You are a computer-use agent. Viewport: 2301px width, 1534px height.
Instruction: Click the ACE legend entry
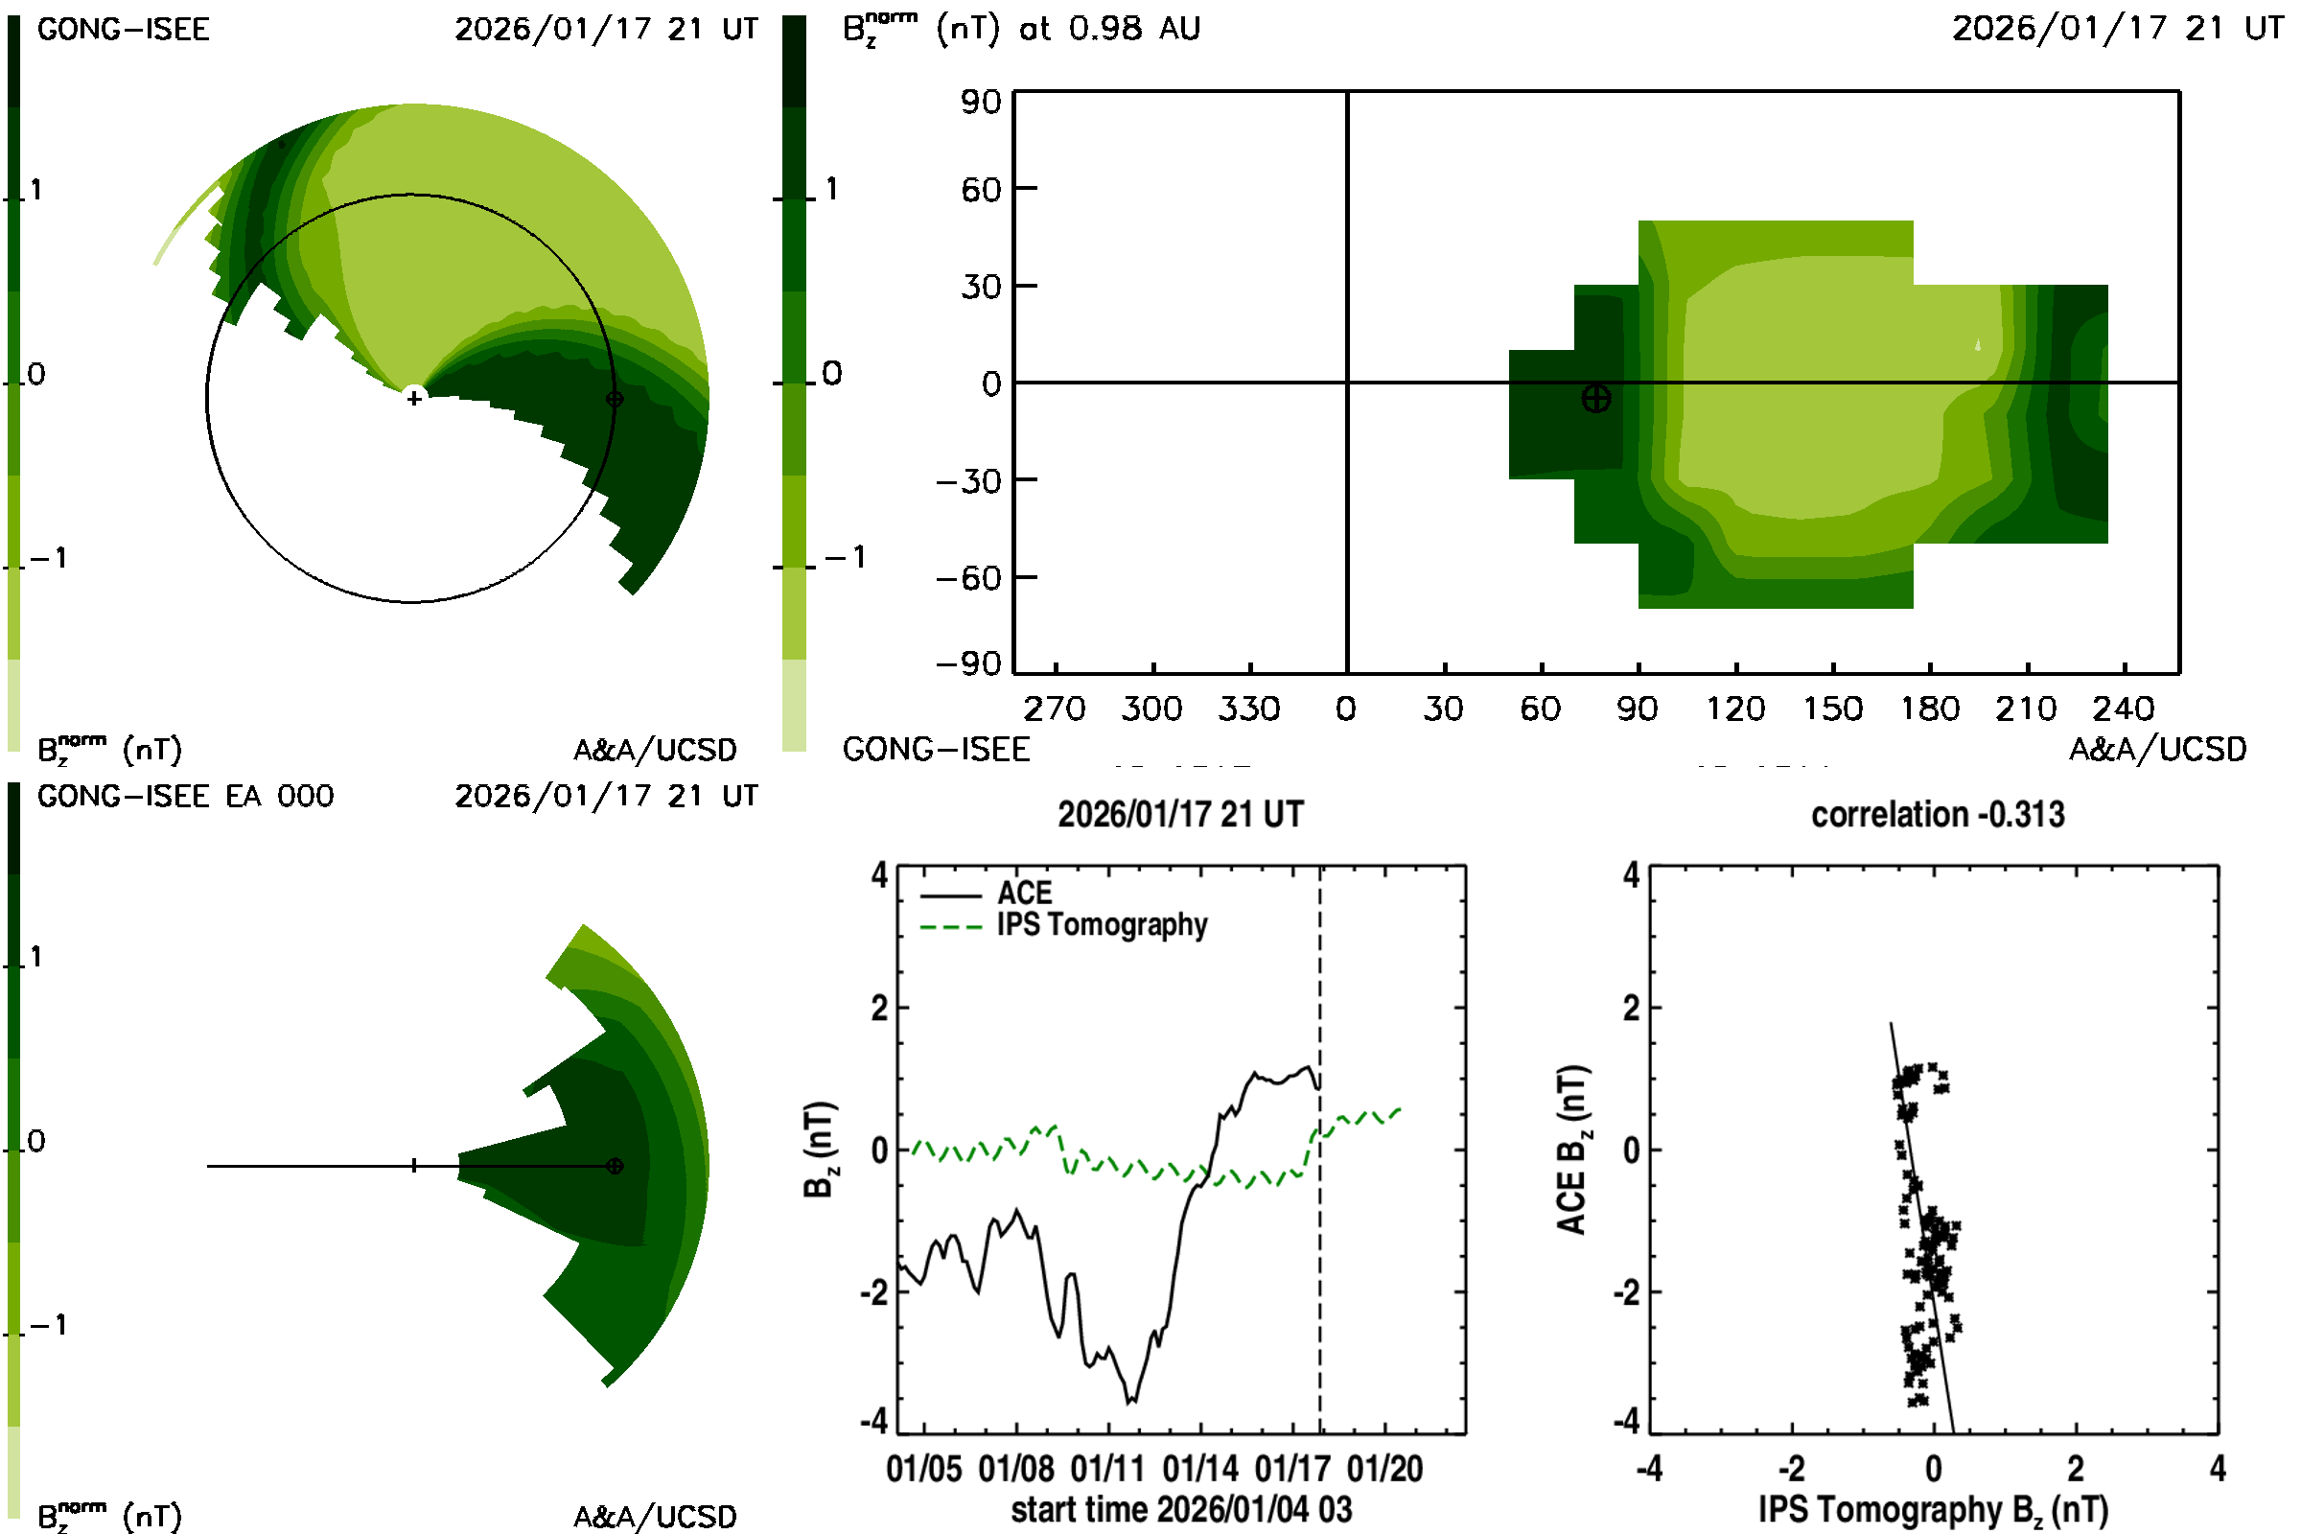pos(1024,894)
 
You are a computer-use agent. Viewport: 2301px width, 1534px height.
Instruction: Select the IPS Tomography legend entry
pos(1102,925)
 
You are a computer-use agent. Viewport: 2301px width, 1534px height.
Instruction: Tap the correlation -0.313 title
pos(1937,815)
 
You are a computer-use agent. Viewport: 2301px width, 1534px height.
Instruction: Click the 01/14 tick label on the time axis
pos(1199,1470)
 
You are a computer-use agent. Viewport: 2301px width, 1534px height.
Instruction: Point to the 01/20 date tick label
pos(1384,1470)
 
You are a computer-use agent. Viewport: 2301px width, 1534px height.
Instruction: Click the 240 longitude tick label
pos(2123,709)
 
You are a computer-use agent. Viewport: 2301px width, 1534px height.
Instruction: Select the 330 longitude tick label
pos(1248,709)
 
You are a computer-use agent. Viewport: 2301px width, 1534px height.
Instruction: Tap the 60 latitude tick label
pos(980,190)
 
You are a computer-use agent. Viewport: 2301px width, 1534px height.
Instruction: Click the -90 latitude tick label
pos(968,665)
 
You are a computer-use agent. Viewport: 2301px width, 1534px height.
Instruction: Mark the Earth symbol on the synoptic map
pos(1595,399)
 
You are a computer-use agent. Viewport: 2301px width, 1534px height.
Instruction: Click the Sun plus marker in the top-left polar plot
pos(414,398)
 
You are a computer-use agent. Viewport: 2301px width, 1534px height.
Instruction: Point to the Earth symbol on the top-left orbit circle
pos(615,399)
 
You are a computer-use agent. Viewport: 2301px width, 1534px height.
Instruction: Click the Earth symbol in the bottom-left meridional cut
pos(615,1166)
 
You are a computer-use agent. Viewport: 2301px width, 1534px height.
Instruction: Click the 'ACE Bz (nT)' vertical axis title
pos(1571,1150)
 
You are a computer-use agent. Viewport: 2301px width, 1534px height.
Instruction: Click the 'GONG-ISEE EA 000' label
pos(185,797)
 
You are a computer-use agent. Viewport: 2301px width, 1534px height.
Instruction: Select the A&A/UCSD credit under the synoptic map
pos(2157,751)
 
